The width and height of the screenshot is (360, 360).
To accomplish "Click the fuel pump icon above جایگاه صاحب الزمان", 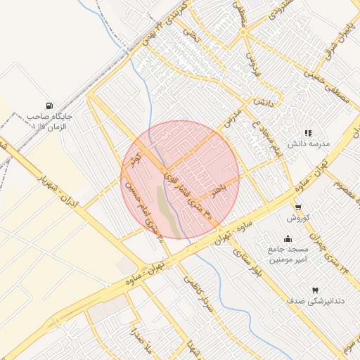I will (48, 103).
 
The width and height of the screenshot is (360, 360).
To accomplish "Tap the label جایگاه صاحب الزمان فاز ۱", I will (46, 120).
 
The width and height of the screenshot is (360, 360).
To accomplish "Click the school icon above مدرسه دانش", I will (307, 132).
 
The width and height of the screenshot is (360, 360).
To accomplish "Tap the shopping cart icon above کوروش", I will (298, 207).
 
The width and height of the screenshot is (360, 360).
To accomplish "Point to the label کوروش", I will (297, 219).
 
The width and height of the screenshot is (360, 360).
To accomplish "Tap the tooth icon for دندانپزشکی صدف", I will (314, 290).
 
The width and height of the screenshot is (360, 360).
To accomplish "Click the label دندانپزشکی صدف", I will (314, 301).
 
